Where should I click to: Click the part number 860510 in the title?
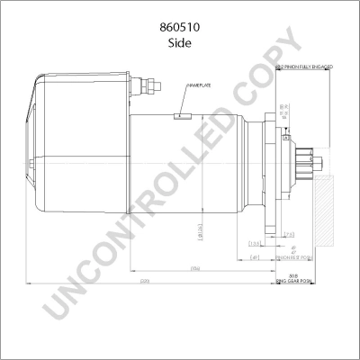[x=180, y=27]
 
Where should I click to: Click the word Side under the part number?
[x=180, y=41]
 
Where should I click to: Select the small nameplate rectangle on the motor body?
[x=183, y=115]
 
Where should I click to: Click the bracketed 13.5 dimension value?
[x=255, y=243]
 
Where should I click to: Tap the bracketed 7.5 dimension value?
[x=289, y=235]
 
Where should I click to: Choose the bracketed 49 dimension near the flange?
[x=256, y=256]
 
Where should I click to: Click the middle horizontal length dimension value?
[x=193, y=269]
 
